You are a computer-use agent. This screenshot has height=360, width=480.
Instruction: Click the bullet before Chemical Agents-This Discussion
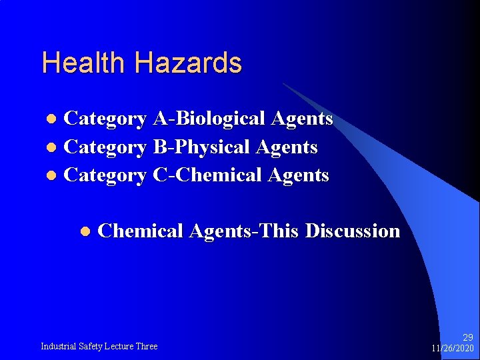click(x=85, y=232)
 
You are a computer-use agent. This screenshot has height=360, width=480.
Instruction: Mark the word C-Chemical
click(x=207, y=175)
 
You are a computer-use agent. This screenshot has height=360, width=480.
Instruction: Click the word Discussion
click(x=353, y=231)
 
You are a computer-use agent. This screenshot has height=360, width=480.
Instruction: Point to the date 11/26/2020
click(x=453, y=349)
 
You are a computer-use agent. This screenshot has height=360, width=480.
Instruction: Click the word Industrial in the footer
click(x=59, y=346)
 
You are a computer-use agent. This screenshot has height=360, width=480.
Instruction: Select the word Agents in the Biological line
click(x=302, y=119)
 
